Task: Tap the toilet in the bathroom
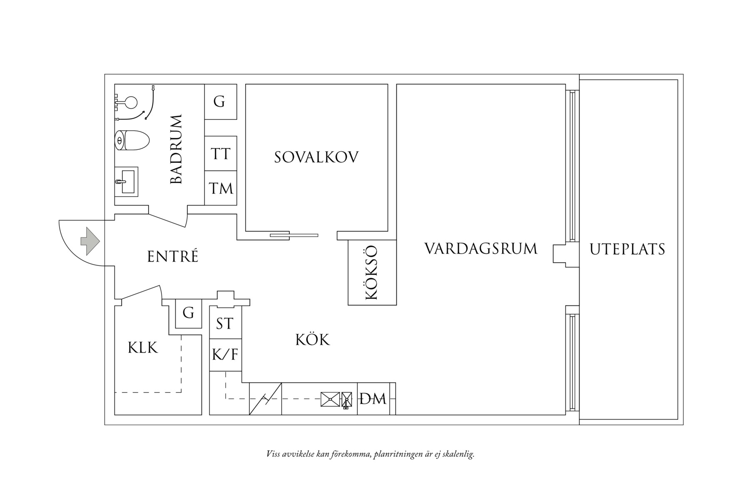(132, 141)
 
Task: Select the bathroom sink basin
(127, 182)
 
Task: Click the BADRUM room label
(177, 149)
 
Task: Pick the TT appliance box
(221, 153)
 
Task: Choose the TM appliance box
(221, 188)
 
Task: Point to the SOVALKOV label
(316, 157)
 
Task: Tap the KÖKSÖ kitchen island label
(371, 273)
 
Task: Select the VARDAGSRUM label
(481, 248)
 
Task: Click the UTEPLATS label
(627, 249)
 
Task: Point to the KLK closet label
(143, 348)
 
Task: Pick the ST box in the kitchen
(225, 323)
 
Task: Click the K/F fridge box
(225, 355)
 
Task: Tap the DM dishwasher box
(373, 399)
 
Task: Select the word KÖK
(313, 339)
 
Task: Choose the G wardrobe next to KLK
(189, 313)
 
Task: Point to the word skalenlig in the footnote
(458, 454)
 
